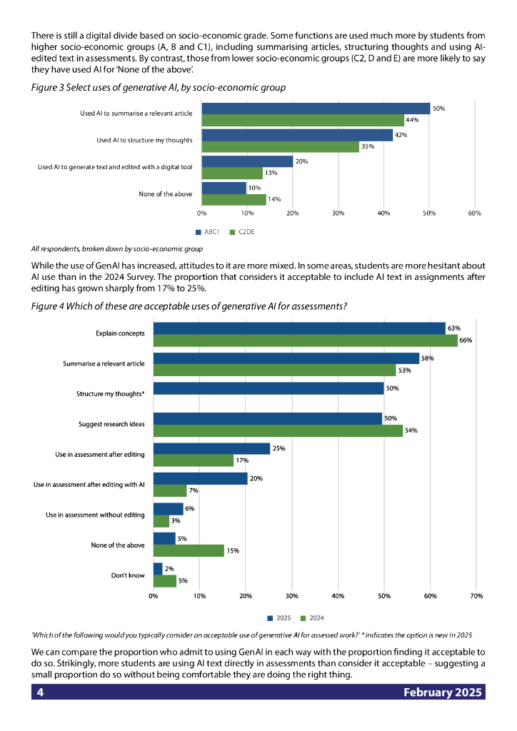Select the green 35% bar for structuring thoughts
tap(281, 146)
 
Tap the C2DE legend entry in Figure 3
tap(242, 233)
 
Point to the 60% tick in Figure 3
tap(474, 213)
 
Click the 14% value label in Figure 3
tap(274, 199)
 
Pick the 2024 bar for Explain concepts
tap(306, 341)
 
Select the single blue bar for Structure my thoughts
tap(268, 388)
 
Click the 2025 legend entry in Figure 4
tap(279, 618)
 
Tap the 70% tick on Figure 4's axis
tap(477, 595)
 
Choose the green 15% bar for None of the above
tap(189, 550)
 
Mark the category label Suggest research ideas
tap(111, 424)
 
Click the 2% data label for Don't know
tap(169, 568)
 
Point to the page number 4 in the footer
tap(41, 692)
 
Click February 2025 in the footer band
tap(443, 692)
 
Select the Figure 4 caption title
tap(189, 306)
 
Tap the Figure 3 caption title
tap(158, 87)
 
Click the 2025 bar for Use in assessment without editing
tap(168, 509)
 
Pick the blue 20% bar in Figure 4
tap(200, 478)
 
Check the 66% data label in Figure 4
tap(466, 341)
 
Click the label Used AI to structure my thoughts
tap(144, 141)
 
